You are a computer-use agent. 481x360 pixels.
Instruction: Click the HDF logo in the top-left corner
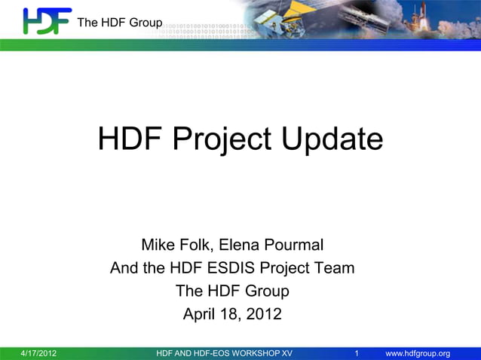tap(47, 20)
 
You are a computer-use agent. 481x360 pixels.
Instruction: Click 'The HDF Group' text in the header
tap(119, 23)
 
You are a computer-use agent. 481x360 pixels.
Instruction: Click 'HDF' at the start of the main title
tap(130, 139)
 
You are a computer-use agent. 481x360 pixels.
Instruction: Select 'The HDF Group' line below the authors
tap(232, 291)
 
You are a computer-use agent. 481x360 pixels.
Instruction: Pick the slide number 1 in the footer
tap(357, 353)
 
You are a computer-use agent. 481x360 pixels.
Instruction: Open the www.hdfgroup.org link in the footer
tap(418, 353)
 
